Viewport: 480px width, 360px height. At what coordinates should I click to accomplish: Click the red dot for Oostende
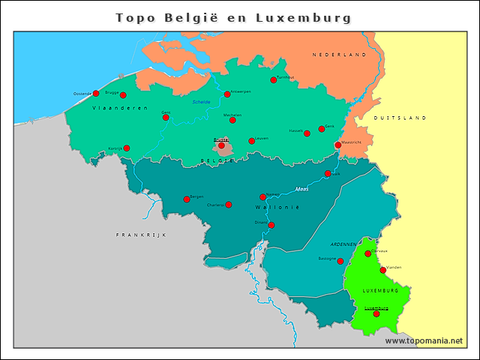pos(96,94)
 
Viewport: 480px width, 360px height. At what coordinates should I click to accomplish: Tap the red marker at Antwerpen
pos(227,94)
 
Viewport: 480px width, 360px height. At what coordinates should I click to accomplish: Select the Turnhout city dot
pos(274,80)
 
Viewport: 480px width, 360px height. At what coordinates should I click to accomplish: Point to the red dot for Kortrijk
pos(127,148)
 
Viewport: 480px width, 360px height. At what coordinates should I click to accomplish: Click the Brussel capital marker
pos(221,145)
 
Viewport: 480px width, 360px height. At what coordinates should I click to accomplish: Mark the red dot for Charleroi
pos(229,205)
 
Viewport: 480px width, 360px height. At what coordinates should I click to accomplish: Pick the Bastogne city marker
pos(340,262)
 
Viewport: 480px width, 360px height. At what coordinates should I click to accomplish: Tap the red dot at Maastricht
pos(338,145)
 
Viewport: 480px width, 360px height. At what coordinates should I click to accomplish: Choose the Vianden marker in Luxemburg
pos(383,270)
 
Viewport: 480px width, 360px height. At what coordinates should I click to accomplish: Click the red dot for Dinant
pos(271,225)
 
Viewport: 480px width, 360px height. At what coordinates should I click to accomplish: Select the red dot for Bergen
pos(187,199)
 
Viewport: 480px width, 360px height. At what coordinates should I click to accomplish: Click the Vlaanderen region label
pos(109,109)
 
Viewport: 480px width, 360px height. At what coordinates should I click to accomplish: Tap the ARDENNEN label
pos(343,244)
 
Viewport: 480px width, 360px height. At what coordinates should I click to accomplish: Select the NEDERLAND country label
pos(340,55)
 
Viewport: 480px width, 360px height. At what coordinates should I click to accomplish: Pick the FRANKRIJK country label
pos(140,235)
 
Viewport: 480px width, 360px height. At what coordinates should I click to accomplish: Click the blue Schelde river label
pos(202,101)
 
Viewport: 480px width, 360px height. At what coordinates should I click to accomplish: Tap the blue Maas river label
pos(301,188)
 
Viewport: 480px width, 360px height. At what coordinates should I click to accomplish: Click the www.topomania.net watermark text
pos(424,340)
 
